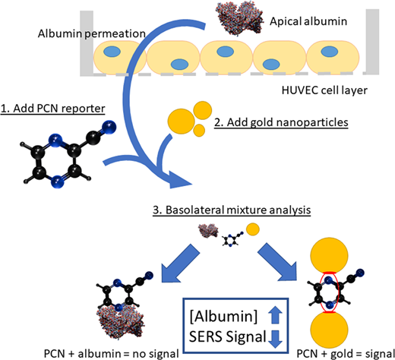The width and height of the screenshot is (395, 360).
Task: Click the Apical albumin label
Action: pyautogui.click(x=308, y=21)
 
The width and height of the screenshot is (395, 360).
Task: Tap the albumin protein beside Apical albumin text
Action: pyautogui.click(x=239, y=17)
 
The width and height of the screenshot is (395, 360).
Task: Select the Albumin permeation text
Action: pyautogui.click(x=92, y=33)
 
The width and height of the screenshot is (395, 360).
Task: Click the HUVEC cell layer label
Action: pyautogui.click(x=324, y=90)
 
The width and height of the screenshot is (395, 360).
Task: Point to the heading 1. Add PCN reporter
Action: pyautogui.click(x=52, y=109)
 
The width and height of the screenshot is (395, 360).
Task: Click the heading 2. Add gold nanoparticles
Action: pyautogui.click(x=281, y=122)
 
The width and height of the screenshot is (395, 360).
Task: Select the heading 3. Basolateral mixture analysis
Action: pyautogui.click(x=232, y=210)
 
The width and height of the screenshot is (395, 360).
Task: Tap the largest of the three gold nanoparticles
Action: pyautogui.click(x=181, y=122)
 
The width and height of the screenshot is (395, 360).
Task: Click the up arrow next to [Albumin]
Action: pyautogui.click(x=275, y=314)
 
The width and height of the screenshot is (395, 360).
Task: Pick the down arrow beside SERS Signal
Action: pyautogui.click(x=275, y=339)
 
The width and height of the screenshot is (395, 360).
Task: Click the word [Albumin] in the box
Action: pyautogui.click(x=223, y=316)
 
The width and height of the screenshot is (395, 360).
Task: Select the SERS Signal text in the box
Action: pyautogui.click(x=227, y=337)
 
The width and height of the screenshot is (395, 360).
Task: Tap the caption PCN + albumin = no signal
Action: pyautogui.click(x=112, y=354)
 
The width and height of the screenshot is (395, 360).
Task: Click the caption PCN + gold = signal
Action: pyautogui.click(x=346, y=354)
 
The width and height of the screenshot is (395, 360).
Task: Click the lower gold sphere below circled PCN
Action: pyautogui.click(x=330, y=330)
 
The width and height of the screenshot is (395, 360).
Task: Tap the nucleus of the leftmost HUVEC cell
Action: pyautogui.click(x=112, y=52)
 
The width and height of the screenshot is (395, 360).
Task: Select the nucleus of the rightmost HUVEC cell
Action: pyautogui.click(x=330, y=52)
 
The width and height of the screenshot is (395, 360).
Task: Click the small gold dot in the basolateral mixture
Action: pyautogui.click(x=253, y=229)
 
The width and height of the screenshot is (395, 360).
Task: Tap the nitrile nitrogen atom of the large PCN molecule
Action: pyautogui.click(x=109, y=127)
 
